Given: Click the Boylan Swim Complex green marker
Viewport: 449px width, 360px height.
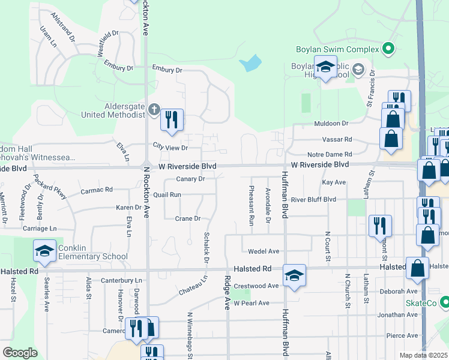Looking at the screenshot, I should [x=388, y=49].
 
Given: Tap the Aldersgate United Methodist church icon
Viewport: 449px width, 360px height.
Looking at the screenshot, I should [x=154, y=109].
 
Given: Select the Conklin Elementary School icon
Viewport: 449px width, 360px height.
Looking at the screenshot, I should [x=44, y=252].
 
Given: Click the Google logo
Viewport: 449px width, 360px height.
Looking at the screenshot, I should [x=20, y=353].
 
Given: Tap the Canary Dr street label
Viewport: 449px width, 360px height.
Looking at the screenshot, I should [x=191, y=179].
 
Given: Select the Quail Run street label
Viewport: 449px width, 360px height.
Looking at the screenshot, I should [x=167, y=194].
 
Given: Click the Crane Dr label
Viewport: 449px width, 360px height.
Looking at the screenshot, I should [x=187, y=219].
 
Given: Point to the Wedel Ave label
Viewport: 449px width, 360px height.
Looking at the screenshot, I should [x=265, y=251].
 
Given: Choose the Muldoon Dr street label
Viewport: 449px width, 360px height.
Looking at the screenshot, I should [x=331, y=123].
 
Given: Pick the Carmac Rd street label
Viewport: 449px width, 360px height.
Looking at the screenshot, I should [x=97, y=190].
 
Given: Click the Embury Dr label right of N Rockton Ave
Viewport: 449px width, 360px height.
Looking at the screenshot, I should [x=166, y=70].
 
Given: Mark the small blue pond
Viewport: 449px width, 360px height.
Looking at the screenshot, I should [x=250, y=63].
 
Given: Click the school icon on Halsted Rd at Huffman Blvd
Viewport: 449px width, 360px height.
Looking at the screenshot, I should [x=294, y=275].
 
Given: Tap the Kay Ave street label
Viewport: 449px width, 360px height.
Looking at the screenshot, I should [x=334, y=182].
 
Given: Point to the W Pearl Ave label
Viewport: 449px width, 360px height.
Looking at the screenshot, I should [x=252, y=303].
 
